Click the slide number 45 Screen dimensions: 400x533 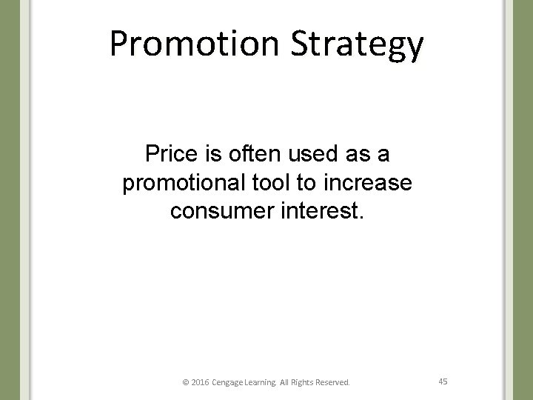[443, 381]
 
